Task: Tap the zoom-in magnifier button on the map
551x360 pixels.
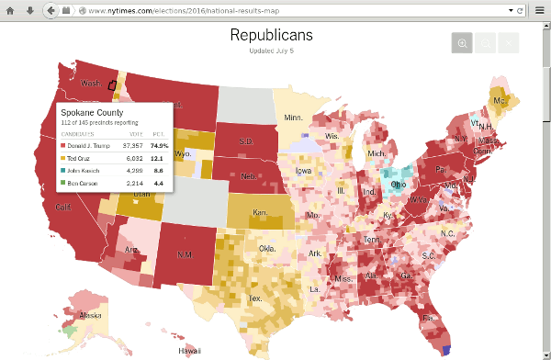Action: pos(462,43)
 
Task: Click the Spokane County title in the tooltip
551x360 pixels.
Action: pos(91,113)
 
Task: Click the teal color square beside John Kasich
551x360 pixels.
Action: pos(63,171)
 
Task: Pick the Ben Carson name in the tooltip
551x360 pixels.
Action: pos(84,184)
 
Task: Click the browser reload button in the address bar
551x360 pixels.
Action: pos(520,10)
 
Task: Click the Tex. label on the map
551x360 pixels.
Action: pos(255,298)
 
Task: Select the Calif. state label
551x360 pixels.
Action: pos(63,208)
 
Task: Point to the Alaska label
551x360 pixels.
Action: pos(91,315)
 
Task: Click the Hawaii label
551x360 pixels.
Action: pos(189,350)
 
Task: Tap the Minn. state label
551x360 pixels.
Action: pos(293,118)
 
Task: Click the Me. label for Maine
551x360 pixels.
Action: pos(500,100)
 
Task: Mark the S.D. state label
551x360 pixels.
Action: pos(246,141)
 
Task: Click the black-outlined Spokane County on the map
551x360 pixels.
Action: pos(112,84)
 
